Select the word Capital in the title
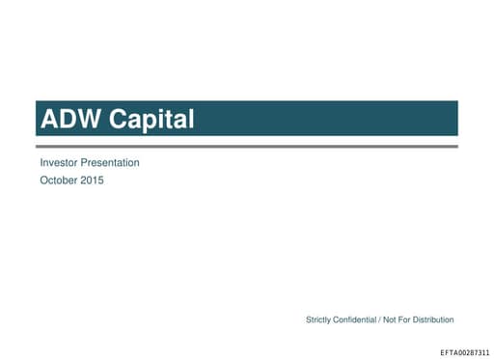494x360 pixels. tap(149, 120)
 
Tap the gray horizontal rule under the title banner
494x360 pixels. tap(247, 146)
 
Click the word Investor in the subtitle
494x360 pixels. tap(60, 163)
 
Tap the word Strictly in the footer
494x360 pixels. tap(320, 319)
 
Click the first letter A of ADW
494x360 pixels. tap(49, 120)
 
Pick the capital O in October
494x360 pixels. tap(44, 180)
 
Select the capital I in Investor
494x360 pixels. tap(41, 163)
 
